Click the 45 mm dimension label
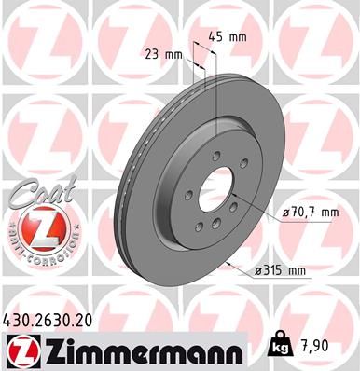228,37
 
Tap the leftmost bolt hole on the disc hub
187,195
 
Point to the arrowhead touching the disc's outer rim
228,262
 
